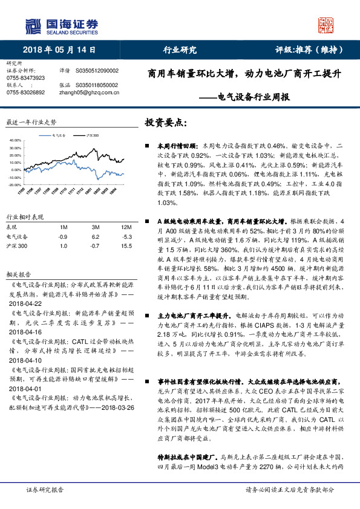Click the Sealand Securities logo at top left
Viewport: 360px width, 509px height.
click(x=61, y=25)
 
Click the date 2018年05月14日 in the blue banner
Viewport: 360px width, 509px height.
click(x=60, y=50)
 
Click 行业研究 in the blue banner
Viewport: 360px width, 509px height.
click(x=180, y=50)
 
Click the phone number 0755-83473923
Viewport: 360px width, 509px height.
click(x=25, y=78)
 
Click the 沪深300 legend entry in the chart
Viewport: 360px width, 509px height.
click(x=93, y=136)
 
